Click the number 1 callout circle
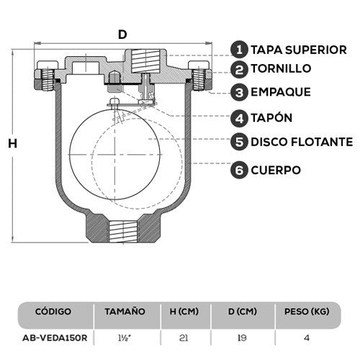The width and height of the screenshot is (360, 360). coord(240,49)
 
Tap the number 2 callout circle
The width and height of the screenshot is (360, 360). coord(240,69)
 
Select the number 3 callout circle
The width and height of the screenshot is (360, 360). coord(240,92)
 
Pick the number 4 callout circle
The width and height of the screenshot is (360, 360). coord(240,117)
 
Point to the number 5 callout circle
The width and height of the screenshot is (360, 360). coord(240,141)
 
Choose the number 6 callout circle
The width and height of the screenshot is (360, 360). coord(240,170)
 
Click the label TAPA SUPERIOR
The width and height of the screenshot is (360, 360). coord(300,50)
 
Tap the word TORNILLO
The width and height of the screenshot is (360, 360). coord(282,69)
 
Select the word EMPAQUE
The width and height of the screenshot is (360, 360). coord(281,92)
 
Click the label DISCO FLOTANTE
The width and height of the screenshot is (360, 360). coord(302,141)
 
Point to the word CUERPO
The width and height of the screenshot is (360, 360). coord(276,171)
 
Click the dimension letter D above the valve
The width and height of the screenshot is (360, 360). coord(122,34)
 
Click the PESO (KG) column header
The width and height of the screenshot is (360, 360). coord(308,312)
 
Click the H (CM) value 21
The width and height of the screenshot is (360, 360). coord(184,336)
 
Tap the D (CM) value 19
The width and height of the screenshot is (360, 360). coord(244,336)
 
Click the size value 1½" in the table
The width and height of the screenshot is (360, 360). coord(124,336)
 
